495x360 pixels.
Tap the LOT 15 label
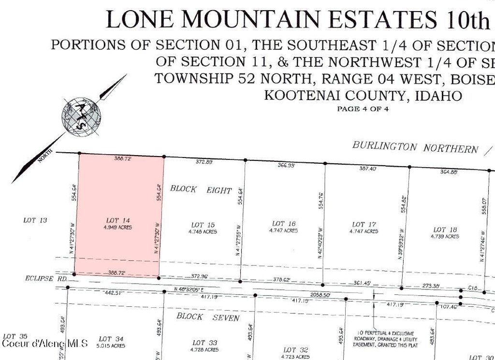pyautogui.click(x=203, y=225)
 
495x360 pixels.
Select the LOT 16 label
pyautogui.click(x=284, y=224)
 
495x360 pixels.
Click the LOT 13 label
pyautogui.click(x=35, y=220)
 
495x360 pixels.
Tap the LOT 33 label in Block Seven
pyautogui.click(x=205, y=343)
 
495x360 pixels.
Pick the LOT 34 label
pyautogui.click(x=111, y=339)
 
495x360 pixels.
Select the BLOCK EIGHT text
pyautogui.click(x=201, y=189)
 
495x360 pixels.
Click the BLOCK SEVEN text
pyautogui.click(x=208, y=317)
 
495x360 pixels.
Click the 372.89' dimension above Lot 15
pyautogui.click(x=204, y=162)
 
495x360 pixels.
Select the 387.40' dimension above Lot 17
pyautogui.click(x=367, y=169)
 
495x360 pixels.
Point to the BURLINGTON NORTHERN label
pyautogui.click(x=415, y=147)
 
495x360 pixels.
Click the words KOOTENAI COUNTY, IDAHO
pyautogui.click(x=363, y=95)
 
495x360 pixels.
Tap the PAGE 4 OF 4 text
pyautogui.click(x=363, y=109)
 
